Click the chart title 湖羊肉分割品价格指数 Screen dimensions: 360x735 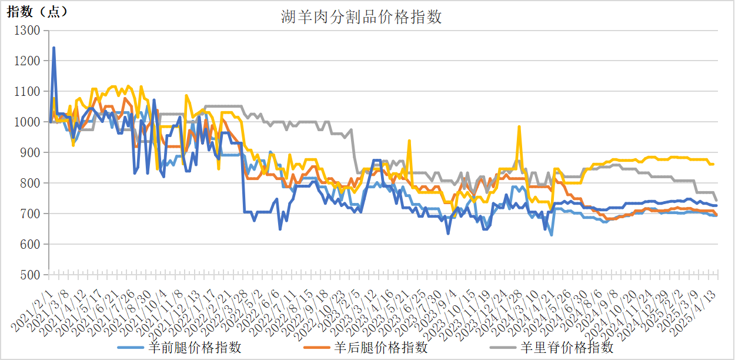361,18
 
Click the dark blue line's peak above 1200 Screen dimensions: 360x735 54,48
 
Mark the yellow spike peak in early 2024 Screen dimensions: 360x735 519,126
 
